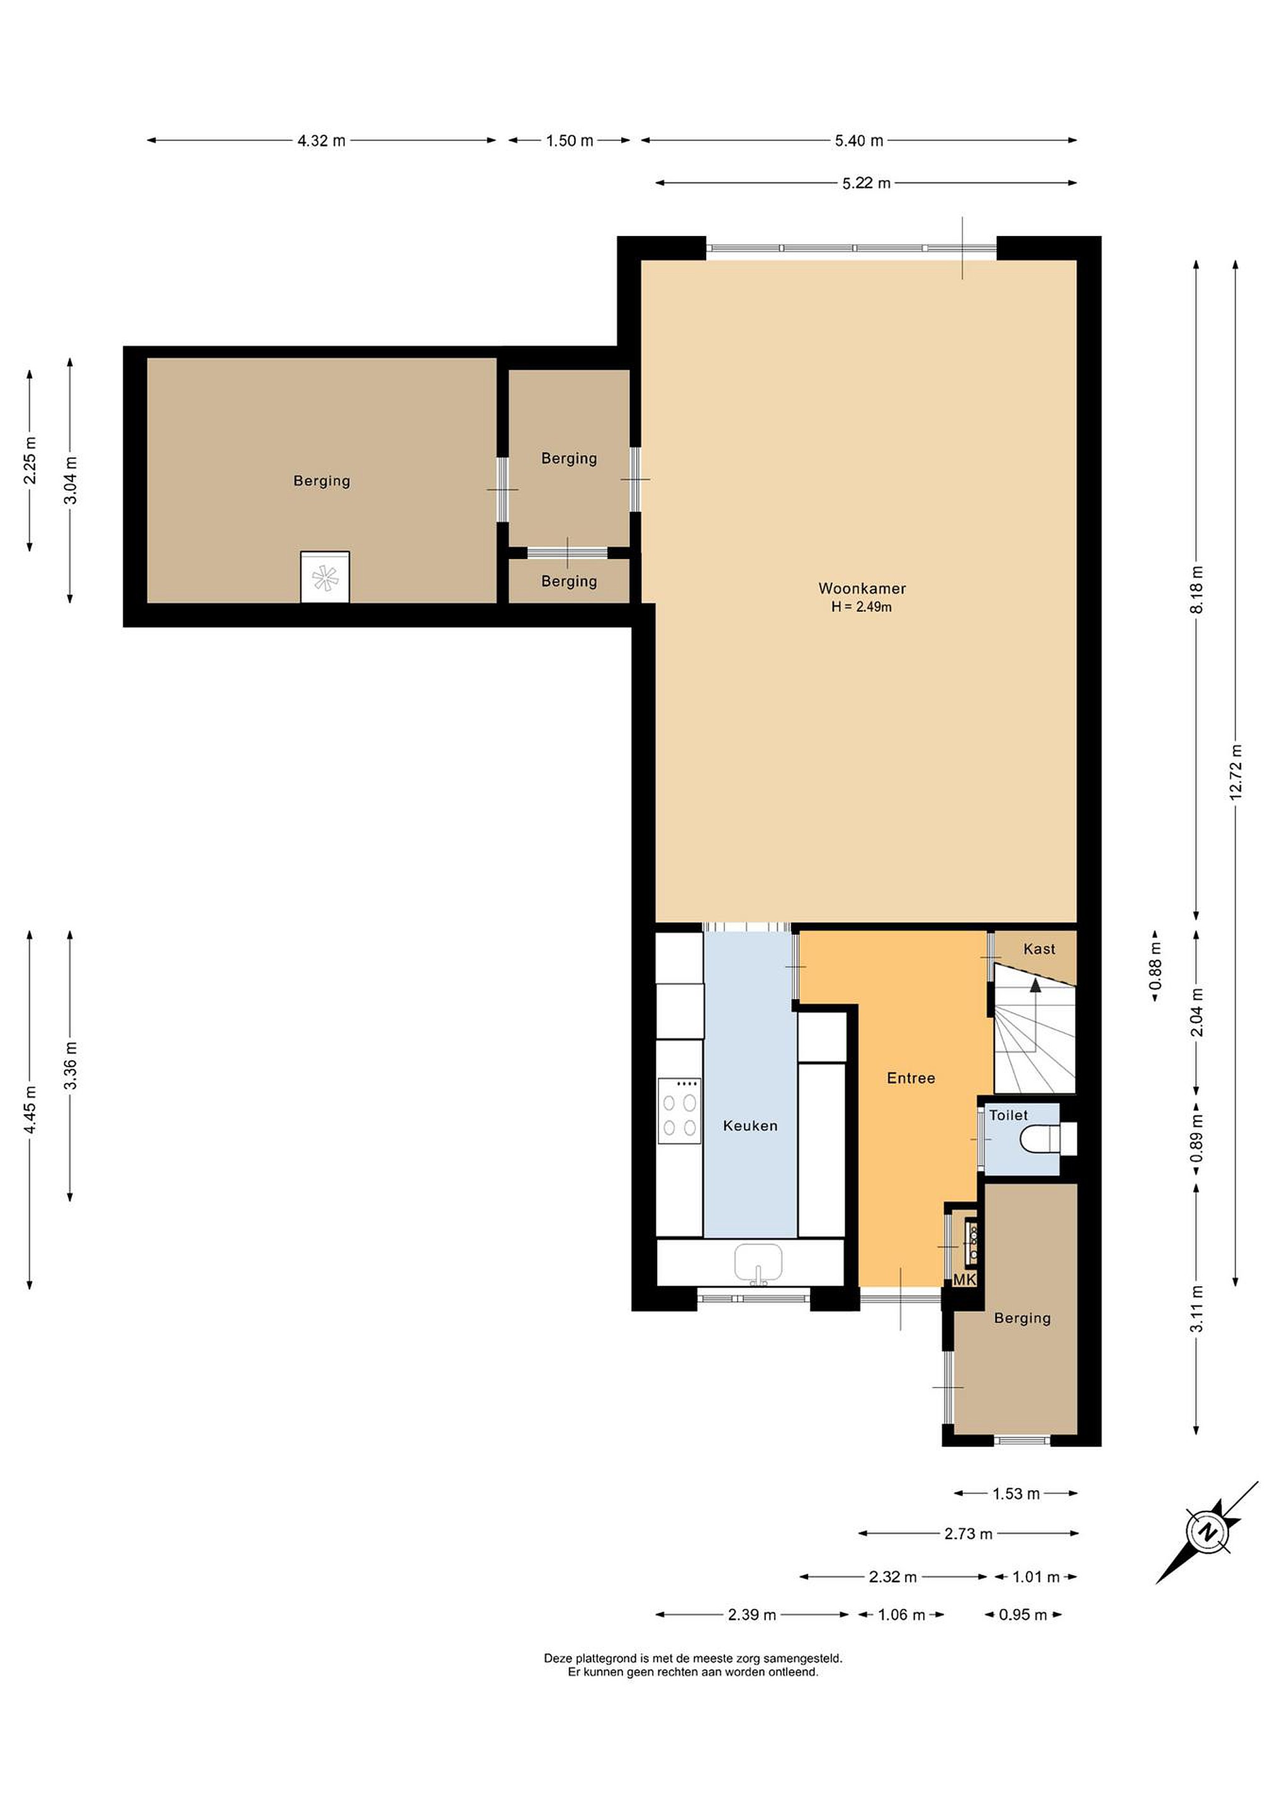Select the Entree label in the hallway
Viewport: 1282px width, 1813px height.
pyautogui.click(x=910, y=1078)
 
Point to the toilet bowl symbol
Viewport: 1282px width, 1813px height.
pyautogui.click(x=1040, y=1139)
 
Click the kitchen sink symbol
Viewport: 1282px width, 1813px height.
pyautogui.click(x=758, y=1263)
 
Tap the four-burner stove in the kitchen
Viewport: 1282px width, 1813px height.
pyautogui.click(x=680, y=1112)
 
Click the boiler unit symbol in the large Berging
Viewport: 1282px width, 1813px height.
pyautogui.click(x=325, y=577)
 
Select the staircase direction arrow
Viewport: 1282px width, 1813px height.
pyautogui.click(x=1035, y=985)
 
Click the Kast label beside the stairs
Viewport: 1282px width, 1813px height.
pyautogui.click(x=1039, y=949)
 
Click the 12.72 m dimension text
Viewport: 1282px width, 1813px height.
pyautogui.click(x=1235, y=772)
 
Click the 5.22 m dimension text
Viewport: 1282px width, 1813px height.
pyautogui.click(x=866, y=184)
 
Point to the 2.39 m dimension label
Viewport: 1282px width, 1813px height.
pyautogui.click(x=751, y=1615)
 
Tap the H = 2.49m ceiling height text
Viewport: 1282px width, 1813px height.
pyautogui.click(x=861, y=607)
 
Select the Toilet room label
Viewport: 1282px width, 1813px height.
pyautogui.click(x=1008, y=1115)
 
